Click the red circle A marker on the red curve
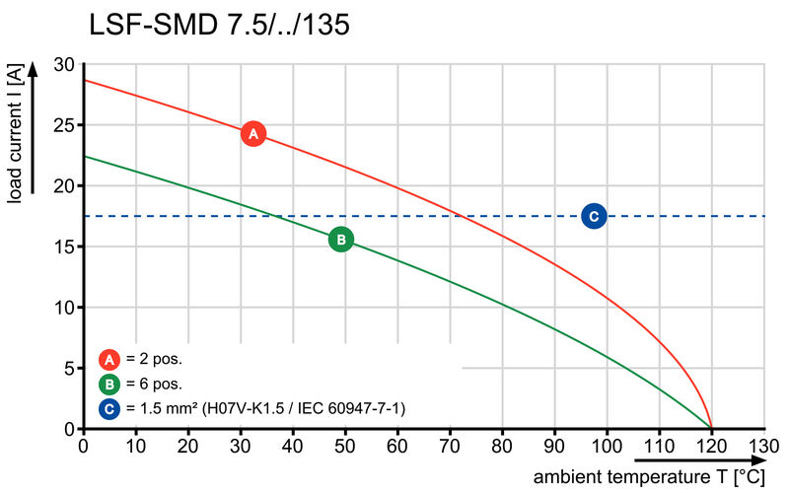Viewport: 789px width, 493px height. (x=252, y=133)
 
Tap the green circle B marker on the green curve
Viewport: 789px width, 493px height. (x=340, y=239)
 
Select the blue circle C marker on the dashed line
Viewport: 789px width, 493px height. (x=593, y=216)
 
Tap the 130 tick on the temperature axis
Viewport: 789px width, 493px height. (x=763, y=446)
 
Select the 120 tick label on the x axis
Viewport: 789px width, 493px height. (x=711, y=446)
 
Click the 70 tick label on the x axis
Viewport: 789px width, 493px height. (x=450, y=446)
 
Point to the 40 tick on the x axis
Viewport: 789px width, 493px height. (x=293, y=446)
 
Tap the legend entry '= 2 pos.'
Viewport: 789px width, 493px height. (x=154, y=359)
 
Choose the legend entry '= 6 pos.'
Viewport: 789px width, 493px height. (x=154, y=384)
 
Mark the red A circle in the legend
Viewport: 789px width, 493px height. (x=109, y=359)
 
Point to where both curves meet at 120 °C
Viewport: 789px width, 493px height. (x=711, y=429)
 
